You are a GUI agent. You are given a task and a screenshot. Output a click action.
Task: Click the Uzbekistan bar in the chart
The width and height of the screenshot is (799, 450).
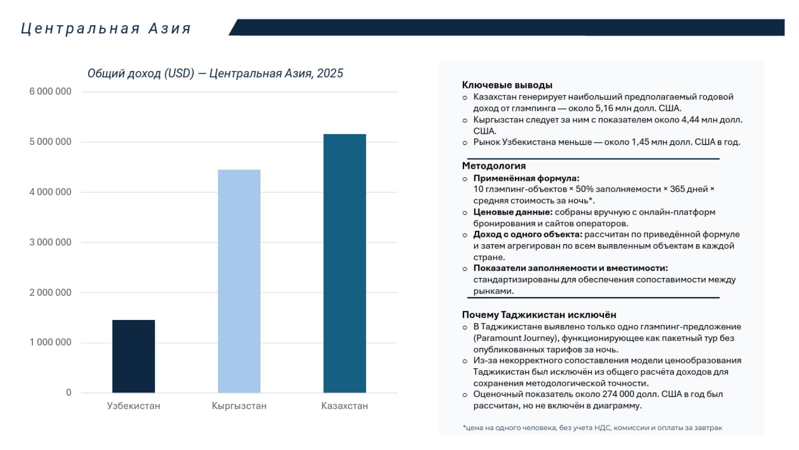(x=133, y=356)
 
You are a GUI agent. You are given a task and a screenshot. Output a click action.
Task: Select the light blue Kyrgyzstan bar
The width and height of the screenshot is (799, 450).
(x=239, y=281)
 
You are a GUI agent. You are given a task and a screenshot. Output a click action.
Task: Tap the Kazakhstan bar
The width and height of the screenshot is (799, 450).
(x=345, y=263)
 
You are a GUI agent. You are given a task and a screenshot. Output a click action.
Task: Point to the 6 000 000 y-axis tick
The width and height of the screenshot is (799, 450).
(x=50, y=91)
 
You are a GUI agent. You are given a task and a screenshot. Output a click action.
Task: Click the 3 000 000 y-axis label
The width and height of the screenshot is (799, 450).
(x=50, y=242)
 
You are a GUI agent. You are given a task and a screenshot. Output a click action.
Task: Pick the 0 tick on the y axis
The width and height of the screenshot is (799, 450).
(x=69, y=392)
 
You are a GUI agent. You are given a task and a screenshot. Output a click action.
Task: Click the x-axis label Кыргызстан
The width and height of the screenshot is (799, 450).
(x=239, y=406)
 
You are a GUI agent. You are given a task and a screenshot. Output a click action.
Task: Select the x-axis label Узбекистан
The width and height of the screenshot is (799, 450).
(x=133, y=406)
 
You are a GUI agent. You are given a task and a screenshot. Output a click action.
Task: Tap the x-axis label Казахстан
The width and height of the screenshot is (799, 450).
(x=345, y=406)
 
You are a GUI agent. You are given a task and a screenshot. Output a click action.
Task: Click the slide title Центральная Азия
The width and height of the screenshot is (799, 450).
(x=106, y=29)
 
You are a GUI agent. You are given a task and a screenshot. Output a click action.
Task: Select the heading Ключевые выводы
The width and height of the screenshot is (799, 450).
(x=507, y=85)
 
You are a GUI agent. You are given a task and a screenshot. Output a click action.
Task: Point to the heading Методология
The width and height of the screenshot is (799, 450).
(x=494, y=166)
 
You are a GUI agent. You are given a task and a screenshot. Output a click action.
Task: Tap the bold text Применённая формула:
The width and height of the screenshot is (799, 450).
(x=526, y=178)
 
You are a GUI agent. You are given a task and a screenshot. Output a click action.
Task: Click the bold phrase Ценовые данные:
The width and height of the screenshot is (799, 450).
(x=513, y=212)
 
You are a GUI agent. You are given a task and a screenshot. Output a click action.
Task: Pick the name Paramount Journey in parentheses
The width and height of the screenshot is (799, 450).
(x=515, y=338)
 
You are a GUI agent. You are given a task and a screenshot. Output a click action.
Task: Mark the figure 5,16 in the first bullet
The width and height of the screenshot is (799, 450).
(x=604, y=108)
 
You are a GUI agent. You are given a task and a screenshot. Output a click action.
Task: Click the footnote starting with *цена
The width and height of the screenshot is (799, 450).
(x=592, y=427)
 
